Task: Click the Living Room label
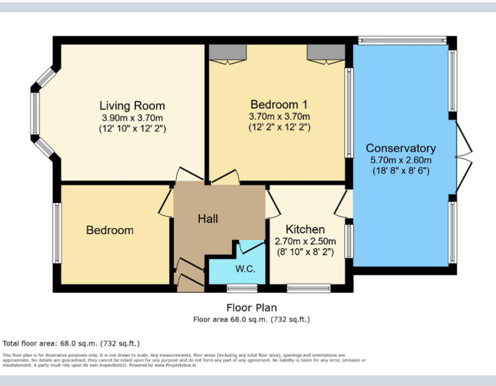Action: [x=132, y=106]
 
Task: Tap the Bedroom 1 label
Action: [x=279, y=104]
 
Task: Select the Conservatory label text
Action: [x=401, y=148]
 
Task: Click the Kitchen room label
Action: [x=305, y=229]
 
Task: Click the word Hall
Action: [x=208, y=219]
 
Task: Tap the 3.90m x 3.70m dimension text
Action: [x=132, y=118]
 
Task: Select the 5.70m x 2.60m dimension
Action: [x=401, y=160]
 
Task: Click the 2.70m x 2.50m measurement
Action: [x=305, y=241]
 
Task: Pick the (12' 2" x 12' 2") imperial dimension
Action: [x=279, y=128]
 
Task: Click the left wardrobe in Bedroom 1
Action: [x=228, y=53]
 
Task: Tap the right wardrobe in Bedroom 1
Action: [x=326, y=53]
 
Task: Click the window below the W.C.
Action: [x=234, y=289]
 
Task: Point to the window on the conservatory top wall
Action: [x=402, y=40]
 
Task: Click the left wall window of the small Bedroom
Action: [x=56, y=233]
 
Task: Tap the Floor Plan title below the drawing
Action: [x=252, y=308]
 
